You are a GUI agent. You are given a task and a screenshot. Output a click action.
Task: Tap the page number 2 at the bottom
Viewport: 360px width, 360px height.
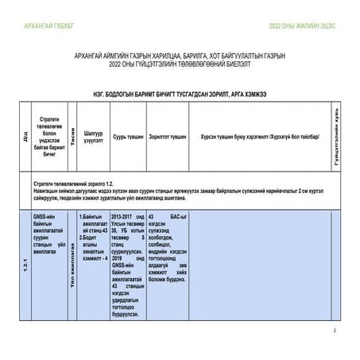coord(335,331)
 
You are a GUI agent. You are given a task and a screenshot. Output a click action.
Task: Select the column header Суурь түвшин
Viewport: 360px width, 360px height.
coord(128,136)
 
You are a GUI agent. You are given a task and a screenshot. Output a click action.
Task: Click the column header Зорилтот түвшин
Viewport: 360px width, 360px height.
coord(167,136)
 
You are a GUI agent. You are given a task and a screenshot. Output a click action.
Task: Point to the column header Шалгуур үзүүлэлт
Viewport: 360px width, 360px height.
coord(93,136)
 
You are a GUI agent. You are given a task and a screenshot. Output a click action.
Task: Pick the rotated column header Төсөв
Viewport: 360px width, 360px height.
coord(72,135)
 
